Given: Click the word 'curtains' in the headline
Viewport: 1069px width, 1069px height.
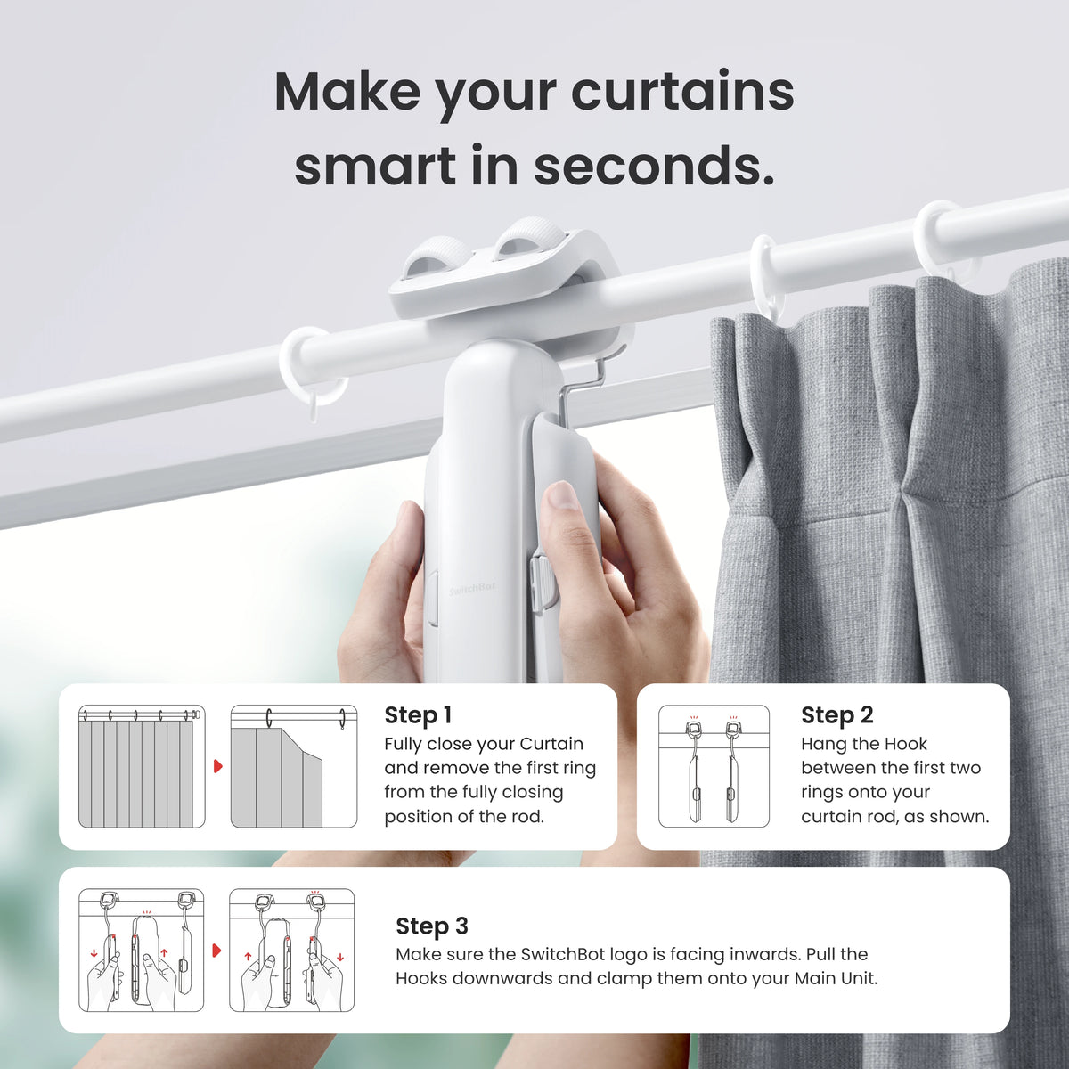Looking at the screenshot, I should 681,92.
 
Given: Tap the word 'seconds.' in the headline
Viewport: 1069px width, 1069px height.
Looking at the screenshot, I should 654,167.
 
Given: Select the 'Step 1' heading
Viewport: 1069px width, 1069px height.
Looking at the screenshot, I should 418,715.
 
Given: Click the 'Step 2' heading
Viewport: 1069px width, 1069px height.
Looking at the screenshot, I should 836,715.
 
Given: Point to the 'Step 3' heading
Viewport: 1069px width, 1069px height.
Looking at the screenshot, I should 431,926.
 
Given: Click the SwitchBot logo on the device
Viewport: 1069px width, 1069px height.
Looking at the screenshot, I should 472,590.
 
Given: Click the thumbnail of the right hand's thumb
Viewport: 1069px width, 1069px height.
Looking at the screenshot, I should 561,496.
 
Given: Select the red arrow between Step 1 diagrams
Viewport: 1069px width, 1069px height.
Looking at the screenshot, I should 217,766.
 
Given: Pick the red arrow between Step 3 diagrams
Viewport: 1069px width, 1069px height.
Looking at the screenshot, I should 216,951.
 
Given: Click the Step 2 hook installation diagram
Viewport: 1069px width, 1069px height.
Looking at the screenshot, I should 714,766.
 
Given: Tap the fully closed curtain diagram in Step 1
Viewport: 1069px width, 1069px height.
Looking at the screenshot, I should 142,766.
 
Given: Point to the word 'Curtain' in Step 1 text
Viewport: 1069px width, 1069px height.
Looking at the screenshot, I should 551,744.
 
